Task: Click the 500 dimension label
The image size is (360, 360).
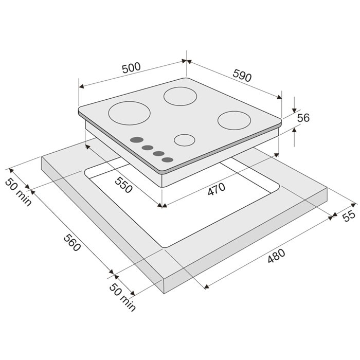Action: [131, 68]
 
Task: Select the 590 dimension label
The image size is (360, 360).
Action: [242, 76]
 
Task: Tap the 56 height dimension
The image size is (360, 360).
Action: [303, 118]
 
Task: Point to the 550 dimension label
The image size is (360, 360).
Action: [123, 185]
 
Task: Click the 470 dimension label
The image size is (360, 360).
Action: [217, 189]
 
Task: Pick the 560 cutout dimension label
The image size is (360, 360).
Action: [72, 242]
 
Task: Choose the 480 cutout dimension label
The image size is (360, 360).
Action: [277, 256]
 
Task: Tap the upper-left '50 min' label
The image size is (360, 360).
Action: [19, 192]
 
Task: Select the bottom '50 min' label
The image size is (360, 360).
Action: [122, 297]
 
